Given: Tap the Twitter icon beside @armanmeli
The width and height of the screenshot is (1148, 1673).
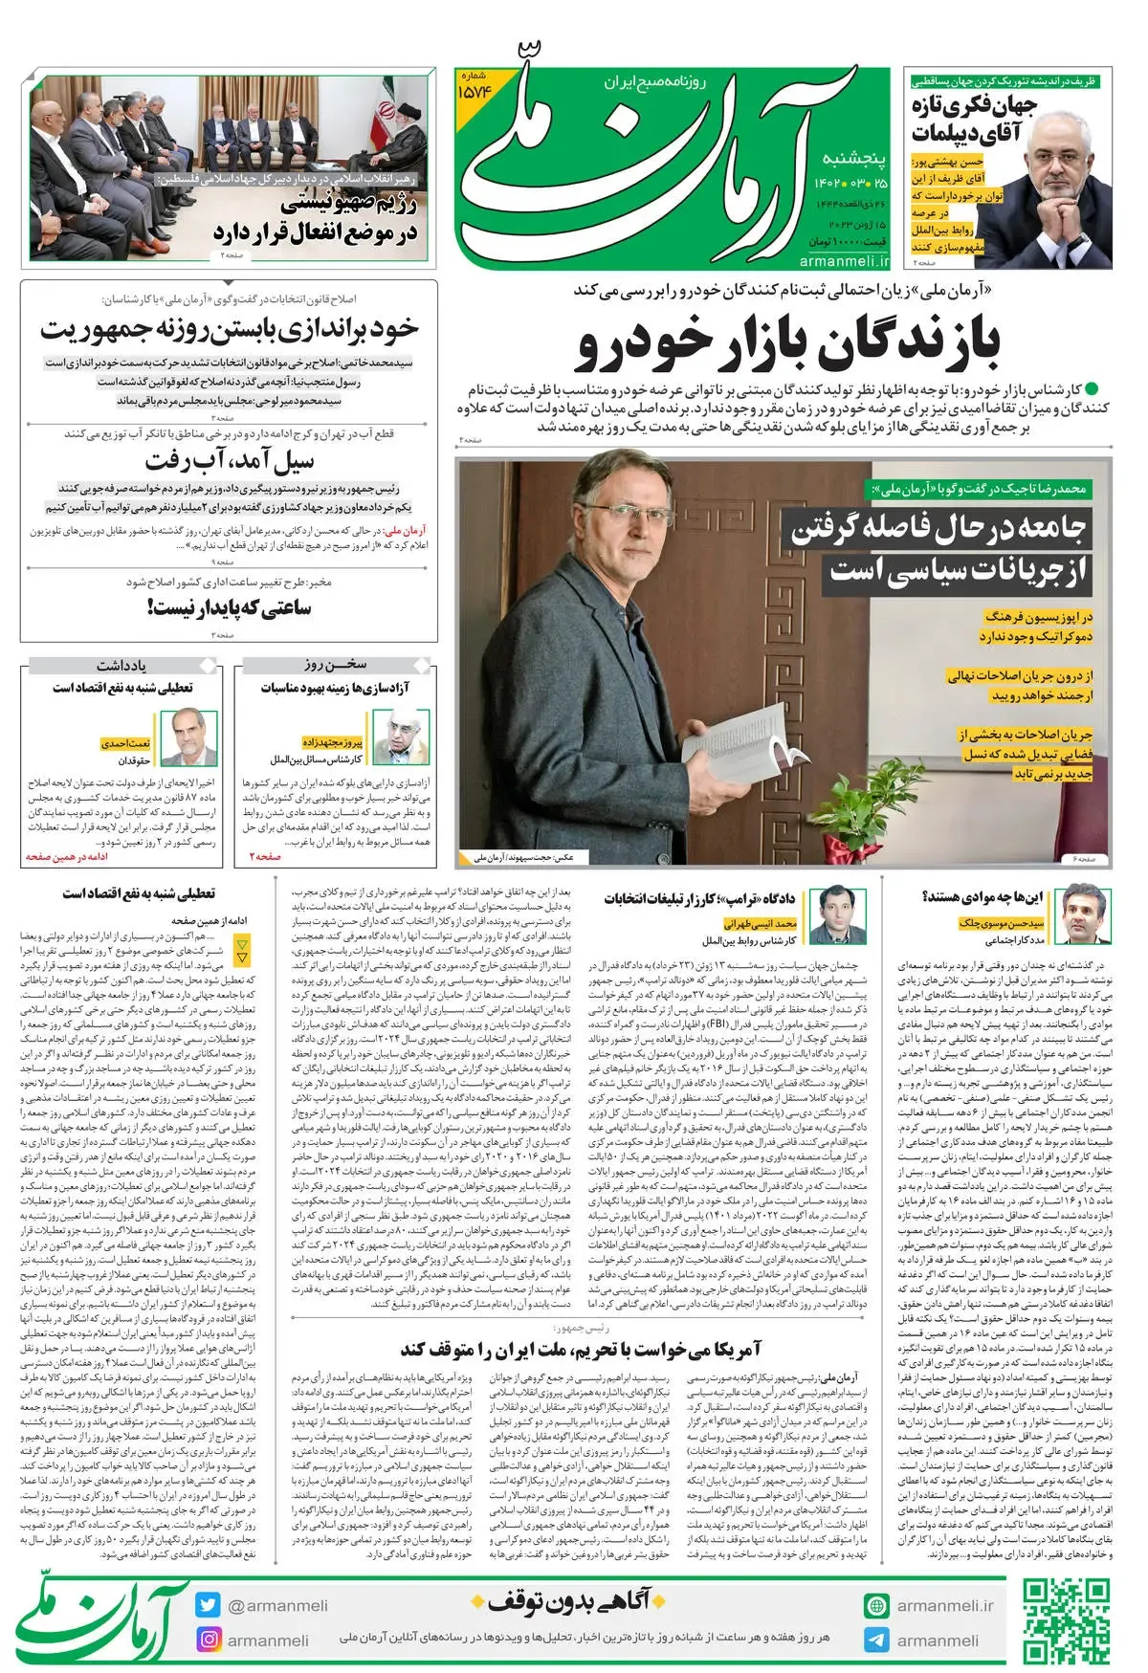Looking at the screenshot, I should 208,1606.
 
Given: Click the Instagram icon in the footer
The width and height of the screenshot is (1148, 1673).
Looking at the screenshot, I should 208,1640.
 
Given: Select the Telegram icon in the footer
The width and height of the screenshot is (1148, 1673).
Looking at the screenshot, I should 875,1640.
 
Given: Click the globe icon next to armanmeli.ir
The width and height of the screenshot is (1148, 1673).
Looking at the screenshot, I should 875,1606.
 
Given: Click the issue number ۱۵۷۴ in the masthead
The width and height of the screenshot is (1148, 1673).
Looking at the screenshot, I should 474,91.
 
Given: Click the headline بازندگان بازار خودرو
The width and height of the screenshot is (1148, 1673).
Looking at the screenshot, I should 787,345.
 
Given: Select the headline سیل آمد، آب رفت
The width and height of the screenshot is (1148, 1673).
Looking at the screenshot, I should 230,462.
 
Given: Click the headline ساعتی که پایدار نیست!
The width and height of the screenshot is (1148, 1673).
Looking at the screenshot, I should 230,607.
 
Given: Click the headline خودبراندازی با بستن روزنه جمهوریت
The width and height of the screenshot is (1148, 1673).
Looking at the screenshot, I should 230,329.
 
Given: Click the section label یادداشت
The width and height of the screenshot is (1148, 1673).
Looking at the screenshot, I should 121,665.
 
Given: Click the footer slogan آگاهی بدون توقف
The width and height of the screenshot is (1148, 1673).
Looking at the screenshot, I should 569,1600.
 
